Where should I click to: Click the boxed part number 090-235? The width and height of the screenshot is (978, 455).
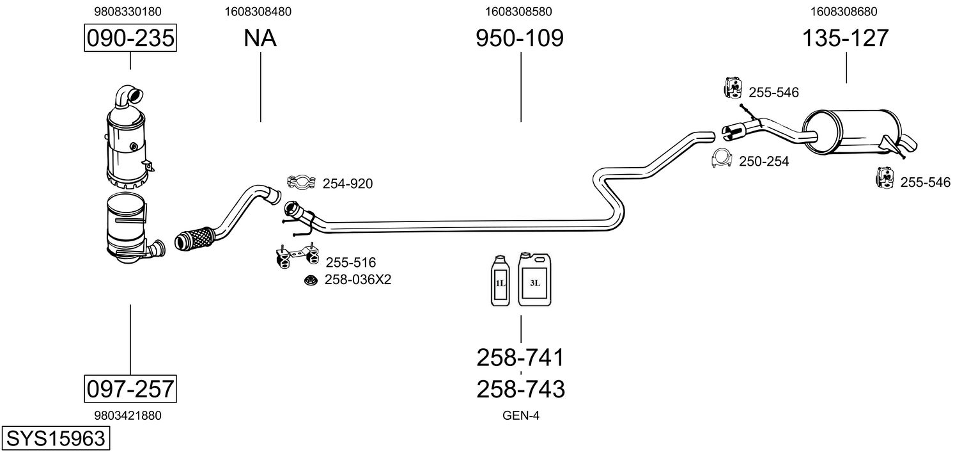tap(130, 38)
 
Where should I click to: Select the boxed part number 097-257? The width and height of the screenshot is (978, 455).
tap(130, 388)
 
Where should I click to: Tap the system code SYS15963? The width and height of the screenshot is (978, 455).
tap(56, 438)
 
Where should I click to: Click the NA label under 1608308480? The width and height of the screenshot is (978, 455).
tap(260, 38)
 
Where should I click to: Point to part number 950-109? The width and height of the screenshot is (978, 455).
tap(520, 38)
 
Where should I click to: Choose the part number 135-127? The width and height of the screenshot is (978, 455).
tap(845, 38)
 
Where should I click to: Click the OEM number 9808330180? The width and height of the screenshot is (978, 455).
tap(128, 12)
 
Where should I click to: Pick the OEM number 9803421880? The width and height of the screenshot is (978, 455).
tap(128, 415)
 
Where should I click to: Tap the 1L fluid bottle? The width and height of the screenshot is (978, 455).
tap(500, 280)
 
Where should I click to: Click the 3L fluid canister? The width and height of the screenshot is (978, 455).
tap(534, 279)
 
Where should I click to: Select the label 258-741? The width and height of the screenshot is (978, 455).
tap(520, 358)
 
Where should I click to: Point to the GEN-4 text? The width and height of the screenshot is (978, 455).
tap(521, 415)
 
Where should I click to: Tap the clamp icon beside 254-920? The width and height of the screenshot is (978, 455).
tap(301, 182)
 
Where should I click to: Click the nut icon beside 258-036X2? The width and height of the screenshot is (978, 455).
tap(311, 280)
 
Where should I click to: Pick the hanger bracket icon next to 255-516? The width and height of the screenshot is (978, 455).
tap(297, 256)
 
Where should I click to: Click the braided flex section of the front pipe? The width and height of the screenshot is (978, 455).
tap(194, 238)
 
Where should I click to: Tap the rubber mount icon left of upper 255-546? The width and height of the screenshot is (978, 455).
tap(733, 88)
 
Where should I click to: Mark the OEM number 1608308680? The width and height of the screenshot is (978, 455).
tap(844, 12)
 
